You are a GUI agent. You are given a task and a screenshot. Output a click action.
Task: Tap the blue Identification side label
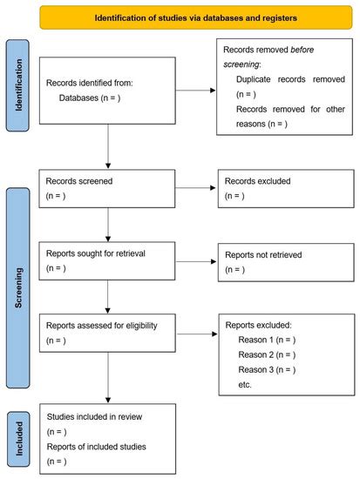(20, 91)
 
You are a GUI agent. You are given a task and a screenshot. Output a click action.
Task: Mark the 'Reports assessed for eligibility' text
(106, 325)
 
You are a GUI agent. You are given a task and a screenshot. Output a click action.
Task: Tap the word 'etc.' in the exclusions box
(245, 386)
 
